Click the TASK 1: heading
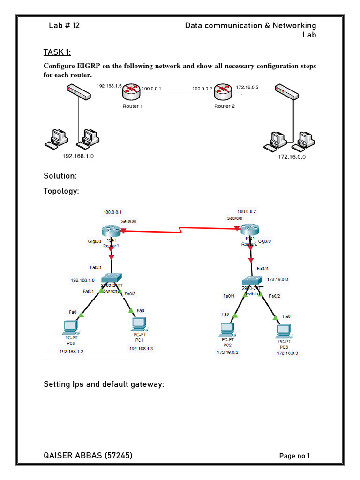coord(58,52)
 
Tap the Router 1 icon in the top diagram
coord(132,92)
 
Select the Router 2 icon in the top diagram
coord(223,92)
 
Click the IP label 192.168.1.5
coord(109,86)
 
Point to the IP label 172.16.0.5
coord(247,87)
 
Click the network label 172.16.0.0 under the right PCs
coord(292,157)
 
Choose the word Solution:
coord(60,176)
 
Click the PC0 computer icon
coord(71,326)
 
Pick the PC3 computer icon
coord(284,331)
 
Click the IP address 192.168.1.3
coord(141,348)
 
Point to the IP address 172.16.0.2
coord(227,352)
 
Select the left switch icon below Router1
coord(111,278)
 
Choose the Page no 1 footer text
coord(294,456)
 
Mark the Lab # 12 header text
coord(64,25)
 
